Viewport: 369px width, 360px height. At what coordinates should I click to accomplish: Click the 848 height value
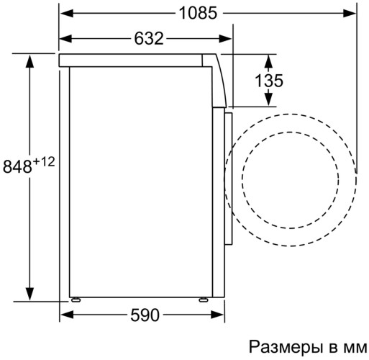18,166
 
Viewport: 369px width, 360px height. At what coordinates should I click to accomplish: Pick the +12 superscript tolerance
44,162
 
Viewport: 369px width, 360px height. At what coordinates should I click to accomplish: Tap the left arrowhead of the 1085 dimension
65,12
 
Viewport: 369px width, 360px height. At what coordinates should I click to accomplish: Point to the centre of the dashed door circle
289,176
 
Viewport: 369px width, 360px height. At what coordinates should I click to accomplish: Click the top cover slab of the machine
137,60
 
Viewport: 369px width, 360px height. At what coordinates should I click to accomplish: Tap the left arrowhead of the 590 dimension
65,315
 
